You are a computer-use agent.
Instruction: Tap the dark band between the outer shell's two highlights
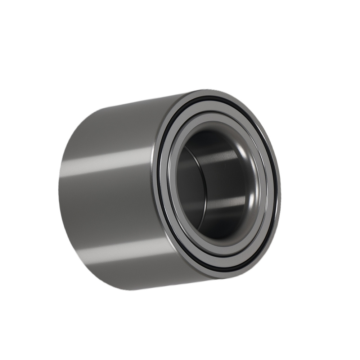point(108,205)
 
